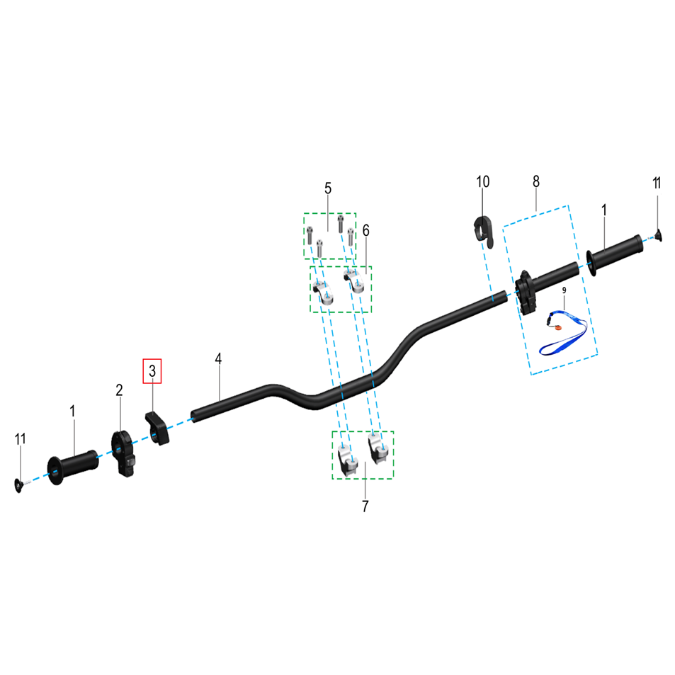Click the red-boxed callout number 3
[x=152, y=371]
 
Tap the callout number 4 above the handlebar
[x=218, y=358]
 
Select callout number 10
[x=482, y=181]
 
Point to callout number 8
[x=536, y=181]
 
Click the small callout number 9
[x=564, y=290]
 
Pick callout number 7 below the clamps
[x=365, y=506]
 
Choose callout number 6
[x=365, y=230]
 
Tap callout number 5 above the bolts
[x=328, y=188]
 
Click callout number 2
[x=119, y=390]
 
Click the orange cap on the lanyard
[x=558, y=329]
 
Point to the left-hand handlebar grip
[x=72, y=467]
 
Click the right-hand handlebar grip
[x=615, y=255]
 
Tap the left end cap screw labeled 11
[x=19, y=485]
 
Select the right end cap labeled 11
[x=657, y=236]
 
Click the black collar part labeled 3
[x=157, y=429]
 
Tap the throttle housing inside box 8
[x=526, y=293]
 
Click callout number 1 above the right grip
[x=604, y=210]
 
